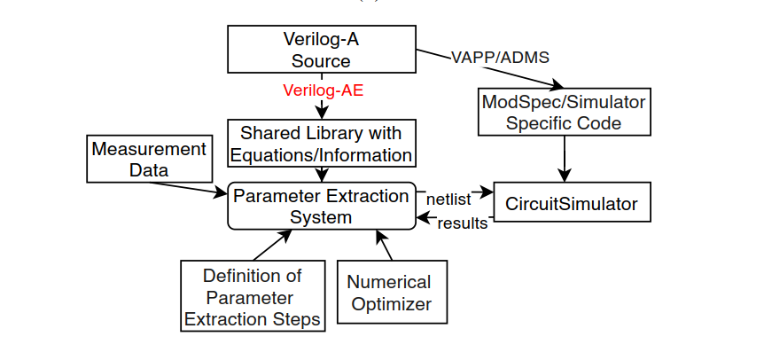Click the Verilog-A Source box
click(322, 49)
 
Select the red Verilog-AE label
click(323, 90)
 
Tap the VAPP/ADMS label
click(501, 58)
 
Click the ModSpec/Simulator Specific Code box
click(565, 112)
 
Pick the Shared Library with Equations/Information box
click(322, 144)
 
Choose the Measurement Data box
click(150, 159)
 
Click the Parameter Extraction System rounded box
click(322, 206)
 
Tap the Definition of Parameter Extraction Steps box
click(253, 295)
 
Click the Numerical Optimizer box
click(392, 292)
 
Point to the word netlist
click(448, 200)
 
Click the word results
click(463, 223)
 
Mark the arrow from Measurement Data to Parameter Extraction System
click(188, 189)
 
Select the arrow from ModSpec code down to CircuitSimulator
click(565, 159)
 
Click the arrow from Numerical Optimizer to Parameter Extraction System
click(384, 245)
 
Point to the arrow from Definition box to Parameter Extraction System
click(273, 245)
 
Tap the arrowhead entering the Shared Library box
click(322, 113)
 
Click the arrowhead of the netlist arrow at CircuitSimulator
click(487, 192)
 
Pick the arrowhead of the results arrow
click(423, 217)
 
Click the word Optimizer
click(392, 304)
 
